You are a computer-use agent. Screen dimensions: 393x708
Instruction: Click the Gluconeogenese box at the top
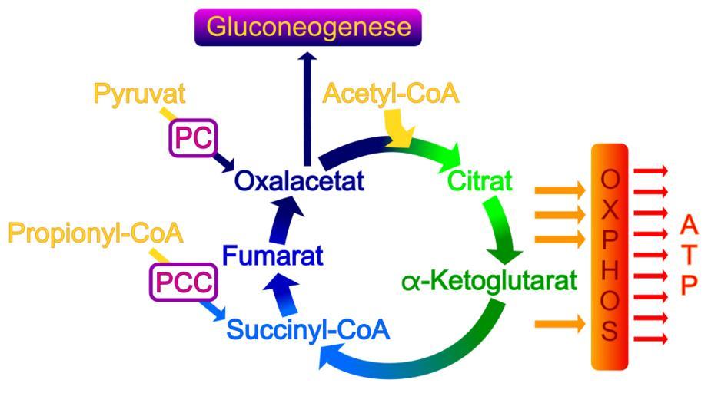tap(307, 28)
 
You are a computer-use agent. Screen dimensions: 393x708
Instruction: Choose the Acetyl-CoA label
tap(391, 94)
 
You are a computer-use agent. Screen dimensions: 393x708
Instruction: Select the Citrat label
tap(470, 183)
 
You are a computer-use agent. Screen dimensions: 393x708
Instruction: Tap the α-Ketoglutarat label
tap(489, 281)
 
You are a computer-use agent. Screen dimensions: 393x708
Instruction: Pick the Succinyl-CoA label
tap(308, 331)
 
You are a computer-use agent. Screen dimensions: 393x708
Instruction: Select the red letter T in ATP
tap(689, 254)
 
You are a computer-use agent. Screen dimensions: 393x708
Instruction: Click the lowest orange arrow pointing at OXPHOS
tap(558, 324)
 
